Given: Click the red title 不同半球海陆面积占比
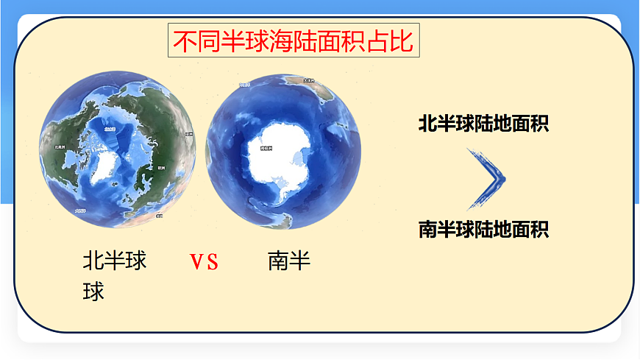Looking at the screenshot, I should (x=294, y=41).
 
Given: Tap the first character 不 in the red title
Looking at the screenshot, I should (x=183, y=41).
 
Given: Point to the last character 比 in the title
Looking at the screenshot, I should (x=402, y=41).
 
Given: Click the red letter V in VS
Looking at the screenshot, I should (x=196, y=263).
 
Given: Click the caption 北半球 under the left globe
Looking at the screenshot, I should (x=115, y=261).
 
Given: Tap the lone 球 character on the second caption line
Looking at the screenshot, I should (x=93, y=292).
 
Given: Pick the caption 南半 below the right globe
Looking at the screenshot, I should (x=289, y=261).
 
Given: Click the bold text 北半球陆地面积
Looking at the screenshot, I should (x=483, y=123).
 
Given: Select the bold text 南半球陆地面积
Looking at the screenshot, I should (x=483, y=229).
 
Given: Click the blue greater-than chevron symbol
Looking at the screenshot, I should (x=488, y=177).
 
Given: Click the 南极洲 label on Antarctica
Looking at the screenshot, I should (x=266, y=149).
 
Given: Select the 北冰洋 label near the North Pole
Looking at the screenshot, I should (x=110, y=130).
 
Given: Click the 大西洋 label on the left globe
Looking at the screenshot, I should (x=81, y=210).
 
